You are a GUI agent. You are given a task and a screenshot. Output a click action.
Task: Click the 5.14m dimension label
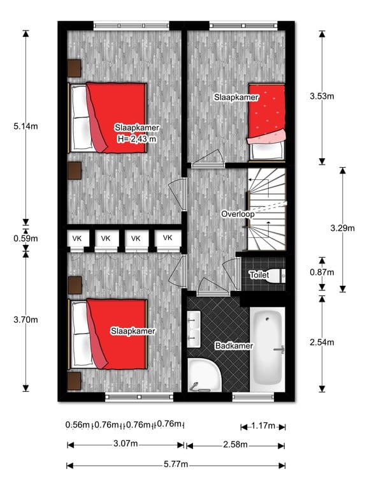25,126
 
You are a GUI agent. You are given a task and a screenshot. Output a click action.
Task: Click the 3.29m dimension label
342,227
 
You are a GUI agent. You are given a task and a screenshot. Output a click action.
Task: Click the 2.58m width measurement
235,445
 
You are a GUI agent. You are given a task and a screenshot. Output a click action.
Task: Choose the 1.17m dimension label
263,426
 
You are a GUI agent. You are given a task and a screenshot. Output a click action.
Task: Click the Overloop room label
238,214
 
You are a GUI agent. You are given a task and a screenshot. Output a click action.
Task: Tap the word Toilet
259,275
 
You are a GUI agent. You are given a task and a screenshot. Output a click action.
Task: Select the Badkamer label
234,346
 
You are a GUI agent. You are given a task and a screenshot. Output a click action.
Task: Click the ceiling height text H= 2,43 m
136,138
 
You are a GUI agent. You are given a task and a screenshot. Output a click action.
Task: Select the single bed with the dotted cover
266,121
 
